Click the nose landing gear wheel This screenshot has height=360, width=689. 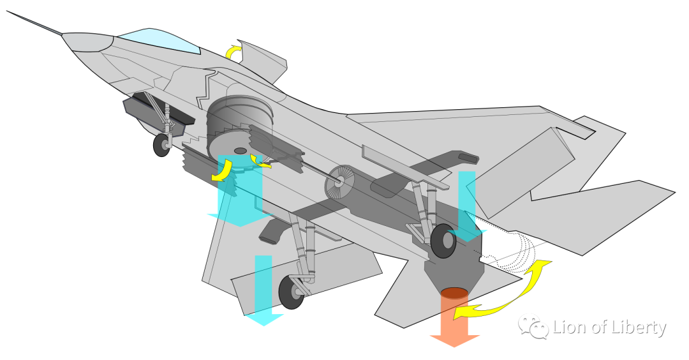162,145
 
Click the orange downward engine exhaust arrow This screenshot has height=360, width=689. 455,322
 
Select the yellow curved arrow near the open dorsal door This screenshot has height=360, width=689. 235,51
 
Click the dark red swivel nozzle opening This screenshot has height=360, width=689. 455,293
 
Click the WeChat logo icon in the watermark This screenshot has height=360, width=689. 533,327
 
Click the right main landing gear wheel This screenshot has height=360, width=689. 443,241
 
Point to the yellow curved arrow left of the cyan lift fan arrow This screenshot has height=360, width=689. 221,170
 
